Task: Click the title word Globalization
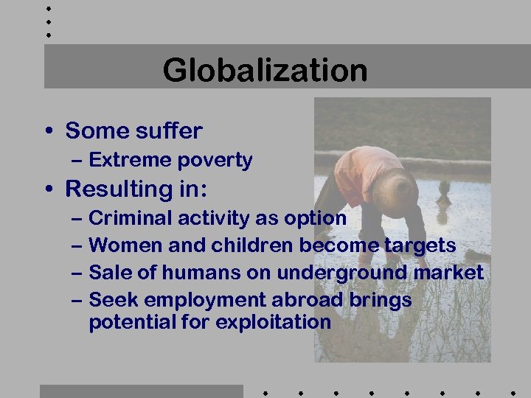coord(265,71)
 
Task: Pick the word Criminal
coord(124,218)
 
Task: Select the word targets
coord(420,245)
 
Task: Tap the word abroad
coord(310,300)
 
